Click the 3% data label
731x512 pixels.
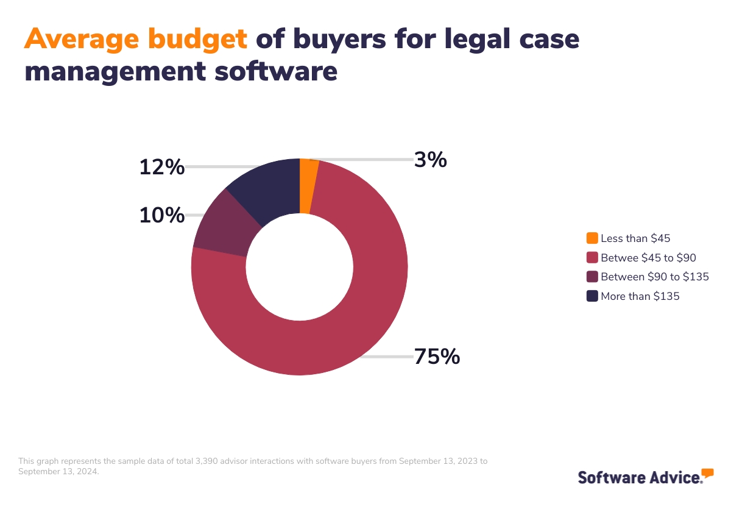431,160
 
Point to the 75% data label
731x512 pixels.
437,357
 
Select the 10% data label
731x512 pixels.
161,215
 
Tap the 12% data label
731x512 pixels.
161,167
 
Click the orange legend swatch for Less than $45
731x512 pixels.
592,238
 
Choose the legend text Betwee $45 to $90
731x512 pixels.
648,258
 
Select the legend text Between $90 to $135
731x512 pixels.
654,277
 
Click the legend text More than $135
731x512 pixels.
640,296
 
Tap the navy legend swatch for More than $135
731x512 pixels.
592,296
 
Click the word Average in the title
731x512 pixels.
79,40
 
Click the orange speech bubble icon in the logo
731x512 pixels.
707,473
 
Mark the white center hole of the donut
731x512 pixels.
300,267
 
